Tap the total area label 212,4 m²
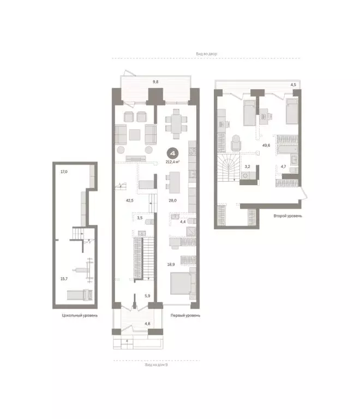pyautogui.click(x=174, y=162)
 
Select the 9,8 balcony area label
pyautogui.click(x=155, y=82)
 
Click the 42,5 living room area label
pyautogui.click(x=129, y=200)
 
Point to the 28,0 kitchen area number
pyautogui.click(x=172, y=200)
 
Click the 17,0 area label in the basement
pyautogui.click(x=64, y=172)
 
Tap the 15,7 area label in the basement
pyautogui.click(x=64, y=278)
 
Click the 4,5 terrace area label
pyautogui.click(x=293, y=85)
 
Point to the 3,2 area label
pyautogui.click(x=247, y=166)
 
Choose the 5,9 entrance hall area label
pyautogui.click(x=147, y=296)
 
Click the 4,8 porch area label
pyautogui.click(x=147, y=324)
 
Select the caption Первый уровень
pyautogui.click(x=185, y=315)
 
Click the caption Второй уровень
pyautogui.click(x=288, y=216)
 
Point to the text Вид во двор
pyautogui.click(x=207, y=54)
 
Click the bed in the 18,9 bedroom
pyautogui.click(x=180, y=284)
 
